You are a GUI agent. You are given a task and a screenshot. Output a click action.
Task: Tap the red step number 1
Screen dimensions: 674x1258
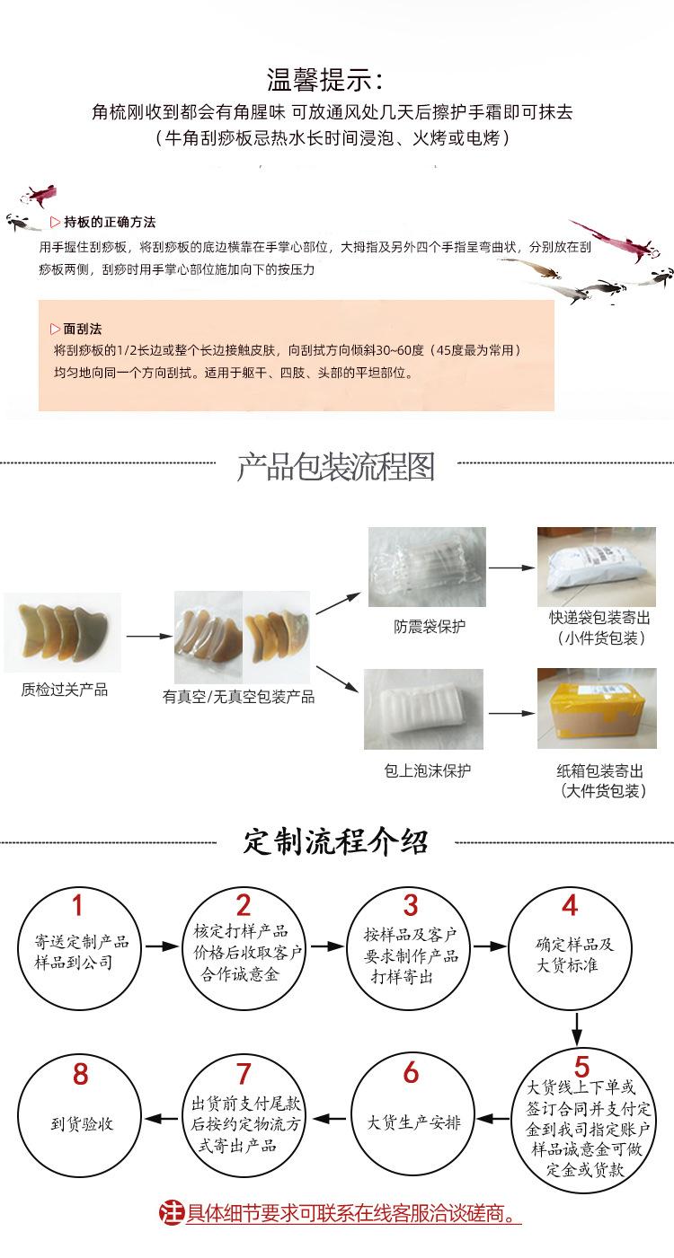(x=77, y=905)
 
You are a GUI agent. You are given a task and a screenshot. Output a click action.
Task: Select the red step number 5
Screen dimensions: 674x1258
(x=581, y=1067)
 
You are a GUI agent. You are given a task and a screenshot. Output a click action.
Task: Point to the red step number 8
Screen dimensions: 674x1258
(x=80, y=1073)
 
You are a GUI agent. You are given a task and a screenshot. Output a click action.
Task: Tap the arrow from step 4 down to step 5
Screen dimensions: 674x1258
(x=577, y=1028)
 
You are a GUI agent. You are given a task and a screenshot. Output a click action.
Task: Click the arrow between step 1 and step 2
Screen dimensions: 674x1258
(x=163, y=946)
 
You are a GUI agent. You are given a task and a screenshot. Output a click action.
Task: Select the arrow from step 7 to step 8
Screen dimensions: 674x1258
(x=162, y=1119)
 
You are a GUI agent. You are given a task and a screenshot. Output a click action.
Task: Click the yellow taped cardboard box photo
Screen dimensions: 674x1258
(x=597, y=708)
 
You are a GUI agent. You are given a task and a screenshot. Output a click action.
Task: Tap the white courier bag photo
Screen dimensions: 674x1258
(x=597, y=566)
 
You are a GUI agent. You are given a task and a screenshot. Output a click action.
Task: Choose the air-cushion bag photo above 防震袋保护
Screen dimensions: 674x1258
(x=427, y=567)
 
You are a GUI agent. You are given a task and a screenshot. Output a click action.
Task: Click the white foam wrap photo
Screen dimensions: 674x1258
(x=424, y=708)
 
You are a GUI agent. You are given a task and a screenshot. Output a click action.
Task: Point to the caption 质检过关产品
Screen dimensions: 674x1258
(x=64, y=689)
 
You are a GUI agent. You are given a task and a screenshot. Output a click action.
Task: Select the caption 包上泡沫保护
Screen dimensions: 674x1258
(x=427, y=770)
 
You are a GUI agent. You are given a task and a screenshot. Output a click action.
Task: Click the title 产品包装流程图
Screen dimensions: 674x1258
(x=335, y=467)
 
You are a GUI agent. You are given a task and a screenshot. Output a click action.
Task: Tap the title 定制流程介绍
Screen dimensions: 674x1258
(x=335, y=842)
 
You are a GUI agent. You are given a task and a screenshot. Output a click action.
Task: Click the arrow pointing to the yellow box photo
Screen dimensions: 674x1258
(x=512, y=713)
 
